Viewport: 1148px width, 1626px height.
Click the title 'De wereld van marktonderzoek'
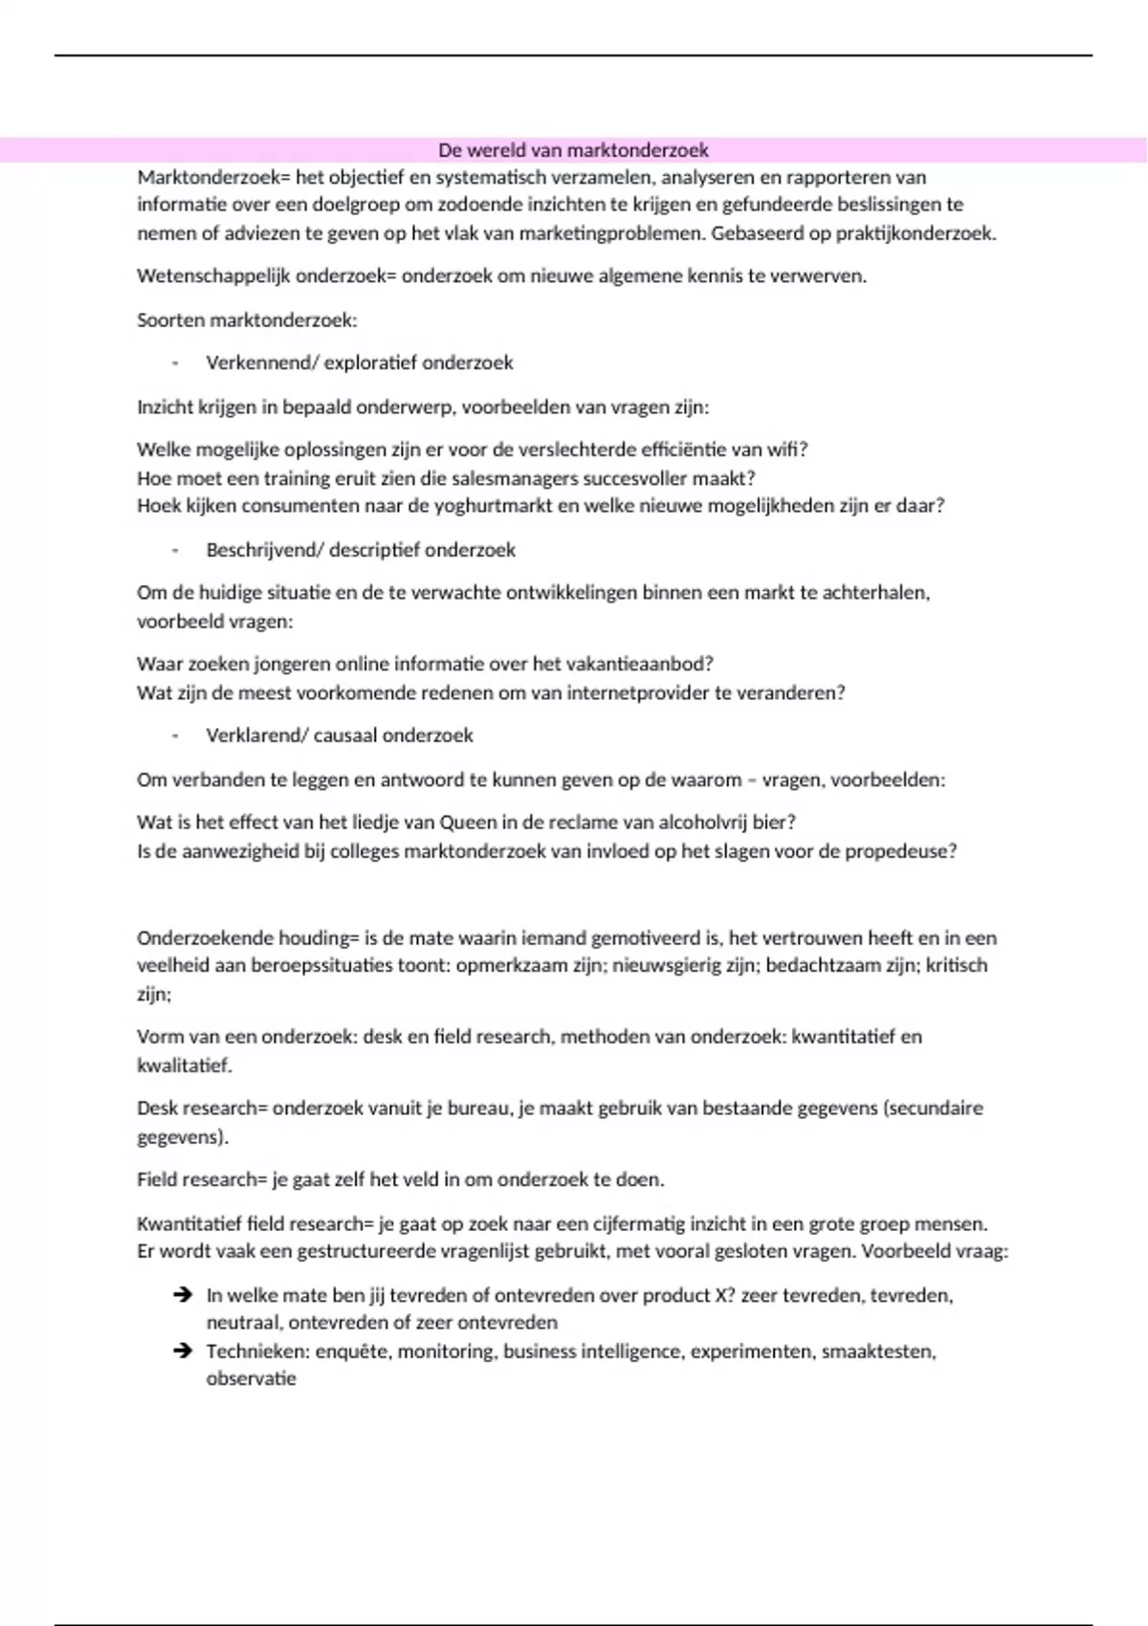(x=573, y=150)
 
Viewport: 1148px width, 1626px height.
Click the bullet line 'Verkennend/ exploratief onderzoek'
(x=360, y=363)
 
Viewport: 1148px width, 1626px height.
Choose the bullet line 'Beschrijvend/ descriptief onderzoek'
(x=361, y=550)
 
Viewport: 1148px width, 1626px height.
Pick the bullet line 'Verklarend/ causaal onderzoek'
(x=340, y=736)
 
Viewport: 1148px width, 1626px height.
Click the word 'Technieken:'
(x=255, y=1351)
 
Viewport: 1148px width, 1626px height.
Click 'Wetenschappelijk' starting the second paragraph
(x=213, y=276)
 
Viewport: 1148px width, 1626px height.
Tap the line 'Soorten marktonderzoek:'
(x=247, y=320)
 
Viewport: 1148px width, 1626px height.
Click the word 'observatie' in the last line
(x=251, y=1379)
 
